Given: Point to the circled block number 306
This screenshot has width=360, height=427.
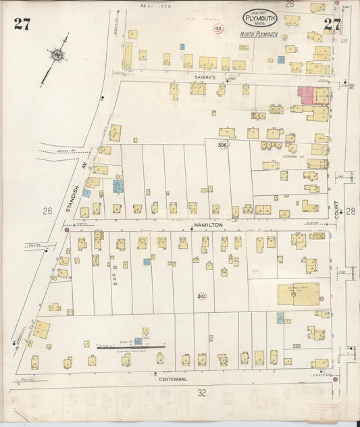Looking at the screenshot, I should click(223, 145).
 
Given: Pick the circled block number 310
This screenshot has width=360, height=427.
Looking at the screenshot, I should click(201, 296).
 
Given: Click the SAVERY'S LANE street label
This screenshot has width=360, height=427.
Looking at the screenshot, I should click(205, 78).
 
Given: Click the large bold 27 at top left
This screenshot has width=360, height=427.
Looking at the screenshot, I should click(22, 25).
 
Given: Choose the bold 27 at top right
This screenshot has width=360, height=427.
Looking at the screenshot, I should click(332, 25).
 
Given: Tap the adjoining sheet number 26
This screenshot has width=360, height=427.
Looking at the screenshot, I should click(47, 211).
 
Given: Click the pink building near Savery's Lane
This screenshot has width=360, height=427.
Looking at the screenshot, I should click(306, 95).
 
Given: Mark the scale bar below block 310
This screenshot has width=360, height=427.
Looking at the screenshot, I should click(132, 347).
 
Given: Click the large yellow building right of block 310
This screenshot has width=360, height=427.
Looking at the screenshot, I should click(298, 294).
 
